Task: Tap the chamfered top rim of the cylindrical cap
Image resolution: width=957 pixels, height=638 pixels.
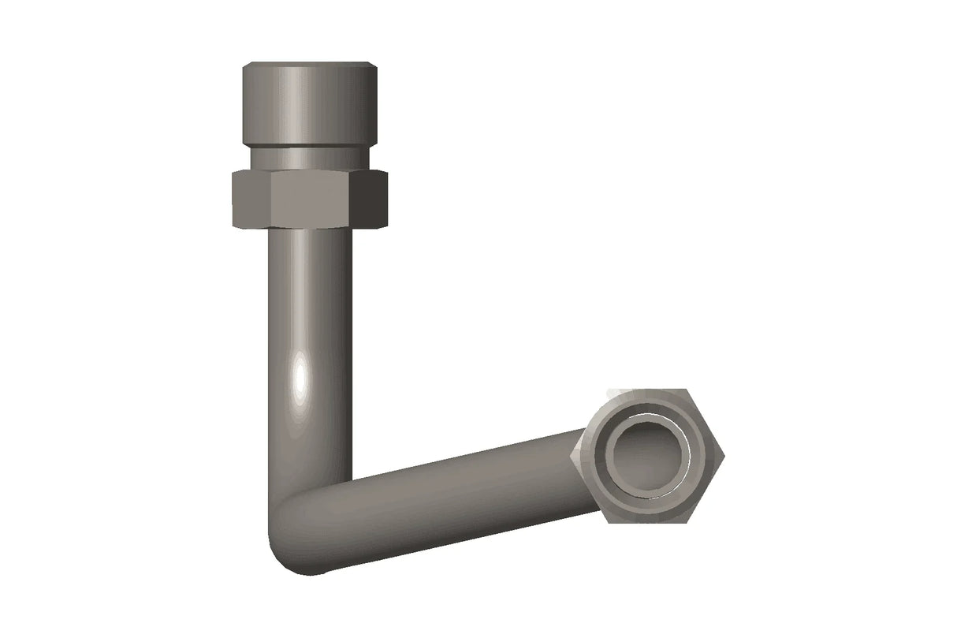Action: click(309, 65)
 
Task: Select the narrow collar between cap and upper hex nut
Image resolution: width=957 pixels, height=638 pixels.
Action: click(309, 158)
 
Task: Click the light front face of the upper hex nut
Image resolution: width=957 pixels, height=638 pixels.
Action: click(309, 199)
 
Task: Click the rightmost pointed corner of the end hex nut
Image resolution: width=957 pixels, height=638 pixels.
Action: click(724, 455)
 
